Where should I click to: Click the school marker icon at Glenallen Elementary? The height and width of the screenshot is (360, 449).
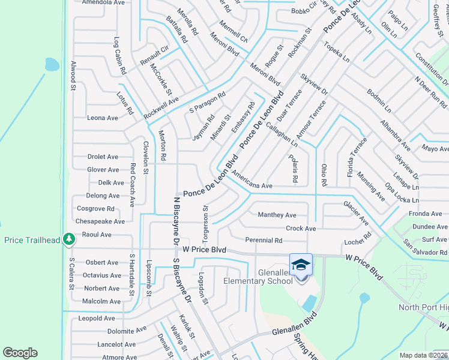point(301,265)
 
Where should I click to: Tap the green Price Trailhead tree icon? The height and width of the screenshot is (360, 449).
point(70,239)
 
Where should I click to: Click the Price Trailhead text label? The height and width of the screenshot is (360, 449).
point(32,240)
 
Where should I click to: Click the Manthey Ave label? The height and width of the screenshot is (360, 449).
point(277,215)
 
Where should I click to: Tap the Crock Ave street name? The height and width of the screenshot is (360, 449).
point(301,229)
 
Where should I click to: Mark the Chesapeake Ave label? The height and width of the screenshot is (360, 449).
point(100,221)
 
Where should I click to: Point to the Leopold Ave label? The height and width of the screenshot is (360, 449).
point(97,318)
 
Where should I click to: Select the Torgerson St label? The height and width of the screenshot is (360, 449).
point(205,219)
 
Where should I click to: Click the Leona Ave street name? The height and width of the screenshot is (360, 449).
point(103,118)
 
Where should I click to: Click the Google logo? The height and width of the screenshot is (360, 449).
point(20,353)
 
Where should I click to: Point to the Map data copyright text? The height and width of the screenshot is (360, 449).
point(423,355)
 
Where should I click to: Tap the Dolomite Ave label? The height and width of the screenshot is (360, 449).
point(127,330)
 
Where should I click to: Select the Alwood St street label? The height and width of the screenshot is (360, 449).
point(73,75)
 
